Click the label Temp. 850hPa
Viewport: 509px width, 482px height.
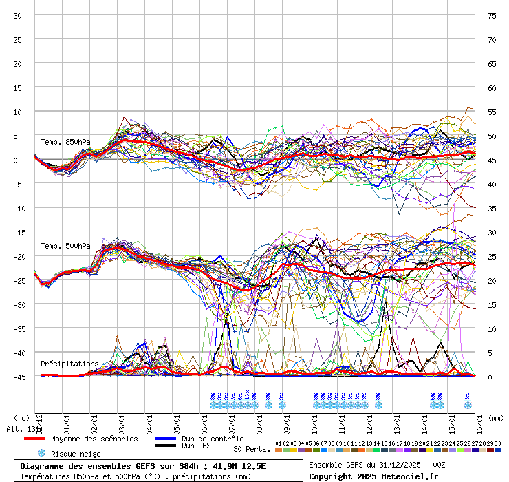65,143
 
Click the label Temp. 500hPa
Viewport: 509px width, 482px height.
65,247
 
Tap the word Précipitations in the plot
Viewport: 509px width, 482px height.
69,364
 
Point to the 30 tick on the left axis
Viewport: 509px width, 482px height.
18,16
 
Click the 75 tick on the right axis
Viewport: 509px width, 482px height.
492,16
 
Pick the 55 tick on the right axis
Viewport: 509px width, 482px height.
492,112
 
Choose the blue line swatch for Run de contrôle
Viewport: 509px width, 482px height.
165,439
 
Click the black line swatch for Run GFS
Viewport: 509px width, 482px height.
165,446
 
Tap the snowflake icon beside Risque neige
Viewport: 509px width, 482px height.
41,453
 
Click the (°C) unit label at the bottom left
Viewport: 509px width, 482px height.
22,417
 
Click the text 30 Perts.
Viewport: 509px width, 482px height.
251,449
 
